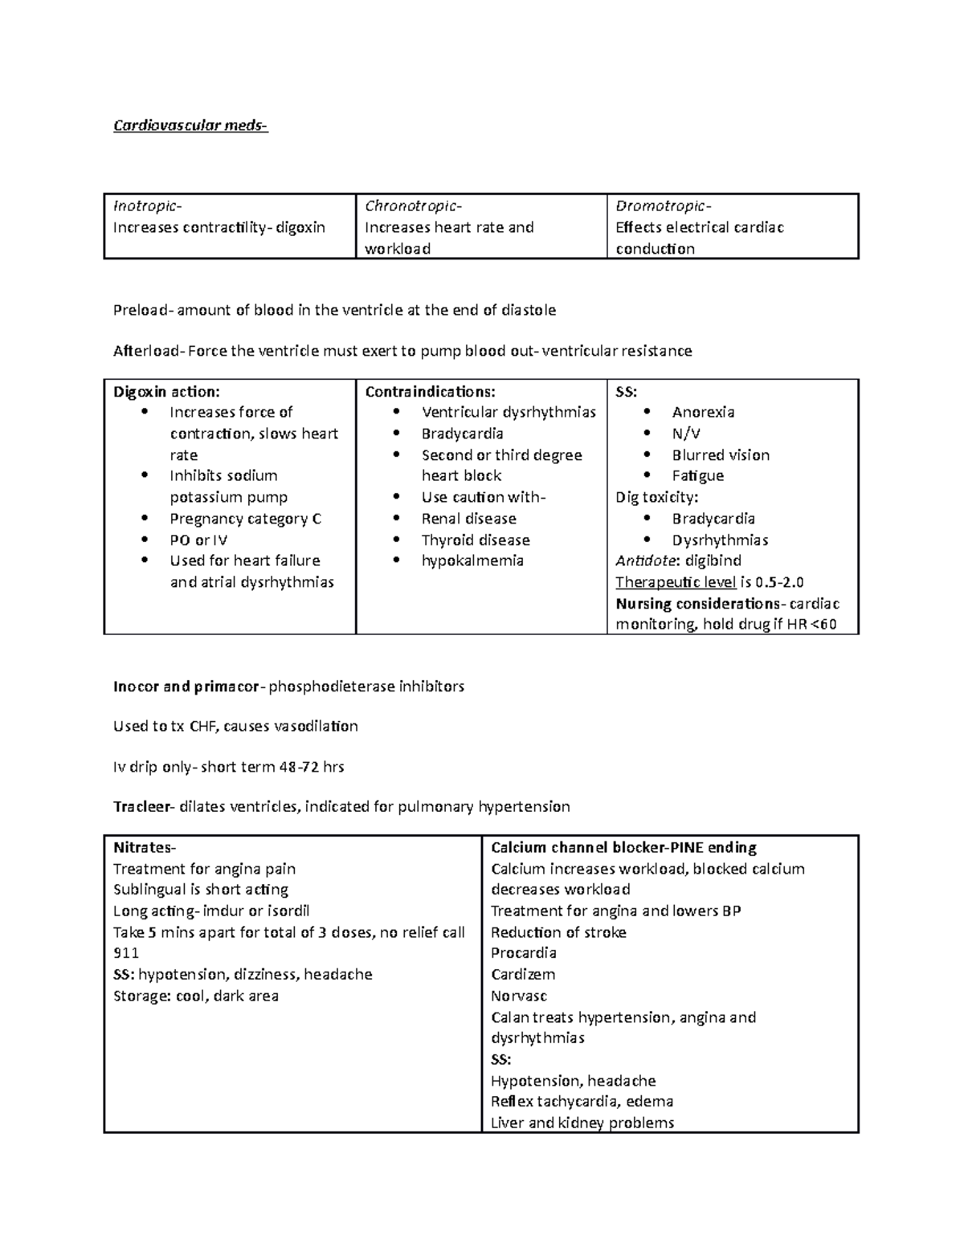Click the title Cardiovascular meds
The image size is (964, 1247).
(x=190, y=126)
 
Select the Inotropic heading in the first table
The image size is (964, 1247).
(x=141, y=206)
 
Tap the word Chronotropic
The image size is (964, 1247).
(x=413, y=206)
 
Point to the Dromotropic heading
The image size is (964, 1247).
(x=663, y=206)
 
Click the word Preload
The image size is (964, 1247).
(x=141, y=310)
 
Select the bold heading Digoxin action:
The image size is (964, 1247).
(x=166, y=392)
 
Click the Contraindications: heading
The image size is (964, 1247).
(x=430, y=392)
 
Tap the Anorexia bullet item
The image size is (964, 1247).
(x=703, y=413)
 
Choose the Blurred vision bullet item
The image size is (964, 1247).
(x=721, y=455)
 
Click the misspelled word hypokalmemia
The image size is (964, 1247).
(x=472, y=560)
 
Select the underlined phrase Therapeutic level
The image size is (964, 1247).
(x=676, y=582)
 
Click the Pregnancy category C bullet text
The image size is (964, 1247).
(x=245, y=519)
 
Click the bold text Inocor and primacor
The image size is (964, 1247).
(x=186, y=687)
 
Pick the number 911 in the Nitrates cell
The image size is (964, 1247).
(x=126, y=953)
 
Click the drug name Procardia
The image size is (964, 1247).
(x=523, y=953)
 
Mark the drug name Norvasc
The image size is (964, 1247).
(x=518, y=996)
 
